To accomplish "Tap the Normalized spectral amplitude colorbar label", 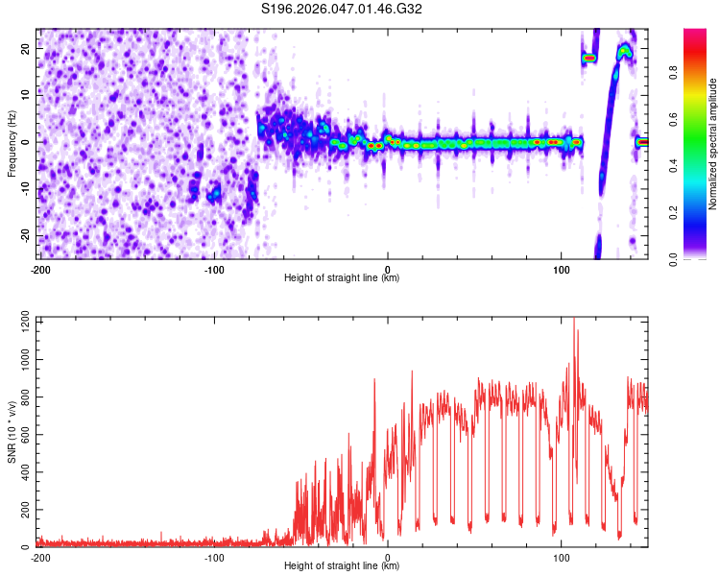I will point(713,144).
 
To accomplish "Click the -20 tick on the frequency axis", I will point(26,235).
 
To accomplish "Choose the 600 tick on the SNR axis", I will point(24,434).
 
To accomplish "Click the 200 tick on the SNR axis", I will point(24,510).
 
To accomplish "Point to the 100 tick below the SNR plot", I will point(562,558).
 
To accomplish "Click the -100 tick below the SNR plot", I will point(213,558).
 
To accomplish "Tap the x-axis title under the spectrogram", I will point(343,278).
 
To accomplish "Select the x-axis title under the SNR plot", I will point(343,566).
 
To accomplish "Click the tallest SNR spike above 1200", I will point(574,323).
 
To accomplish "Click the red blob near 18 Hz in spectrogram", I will point(589,59).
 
